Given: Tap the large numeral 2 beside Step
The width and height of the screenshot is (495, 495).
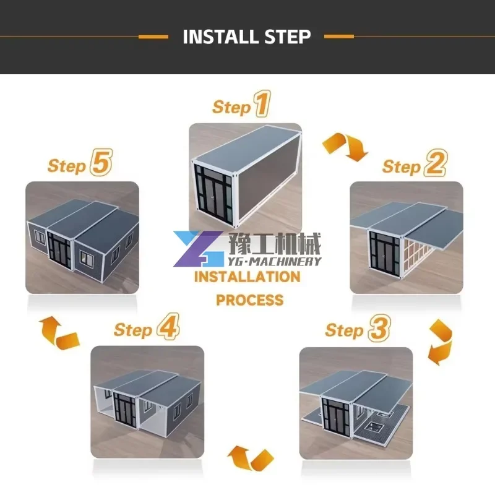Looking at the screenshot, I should [x=434, y=165].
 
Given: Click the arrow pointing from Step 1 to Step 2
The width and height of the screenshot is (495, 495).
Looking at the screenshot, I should [x=344, y=147].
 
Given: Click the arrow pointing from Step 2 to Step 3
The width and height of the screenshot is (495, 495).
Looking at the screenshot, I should [x=441, y=342].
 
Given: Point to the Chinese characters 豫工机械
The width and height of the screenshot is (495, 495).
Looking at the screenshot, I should [x=275, y=243].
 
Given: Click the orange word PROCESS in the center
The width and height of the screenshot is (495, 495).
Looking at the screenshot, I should [x=249, y=301].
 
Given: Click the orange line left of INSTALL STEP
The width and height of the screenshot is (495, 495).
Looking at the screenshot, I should [x=153, y=37].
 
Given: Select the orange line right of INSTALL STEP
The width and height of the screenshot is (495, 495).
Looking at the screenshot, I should [x=339, y=37].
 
